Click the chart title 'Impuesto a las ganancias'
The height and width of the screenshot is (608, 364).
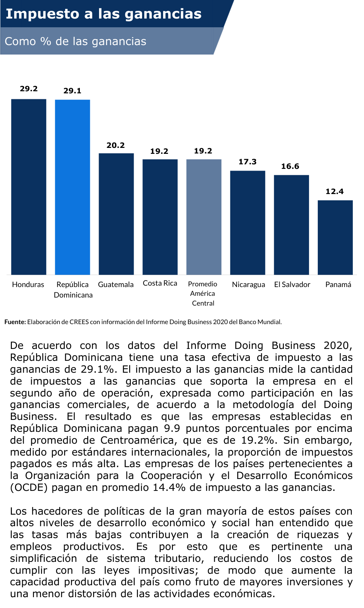[104, 14]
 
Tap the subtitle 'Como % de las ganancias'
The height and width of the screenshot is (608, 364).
[76, 41]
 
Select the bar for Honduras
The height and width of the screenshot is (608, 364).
[29, 187]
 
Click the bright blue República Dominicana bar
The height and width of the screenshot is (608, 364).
[72, 187]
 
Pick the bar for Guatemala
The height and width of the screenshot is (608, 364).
[116, 214]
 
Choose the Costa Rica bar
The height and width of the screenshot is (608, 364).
[160, 217]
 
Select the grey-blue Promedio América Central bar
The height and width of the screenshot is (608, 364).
[204, 217]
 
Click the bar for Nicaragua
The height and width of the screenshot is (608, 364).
[247, 222]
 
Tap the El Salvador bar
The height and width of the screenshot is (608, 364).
[291, 224]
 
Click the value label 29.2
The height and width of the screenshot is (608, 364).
[29, 89]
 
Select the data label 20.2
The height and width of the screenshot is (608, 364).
[116, 145]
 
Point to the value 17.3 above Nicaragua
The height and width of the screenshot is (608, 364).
[247, 162]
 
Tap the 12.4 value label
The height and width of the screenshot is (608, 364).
[335, 192]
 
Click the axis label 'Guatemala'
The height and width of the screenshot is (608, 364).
[116, 285]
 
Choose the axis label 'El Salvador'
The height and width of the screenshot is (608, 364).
[292, 285]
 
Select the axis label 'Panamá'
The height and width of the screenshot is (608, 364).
[338, 285]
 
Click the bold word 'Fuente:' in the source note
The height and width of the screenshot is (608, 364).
[15, 322]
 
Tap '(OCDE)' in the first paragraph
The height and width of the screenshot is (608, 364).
[29, 488]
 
